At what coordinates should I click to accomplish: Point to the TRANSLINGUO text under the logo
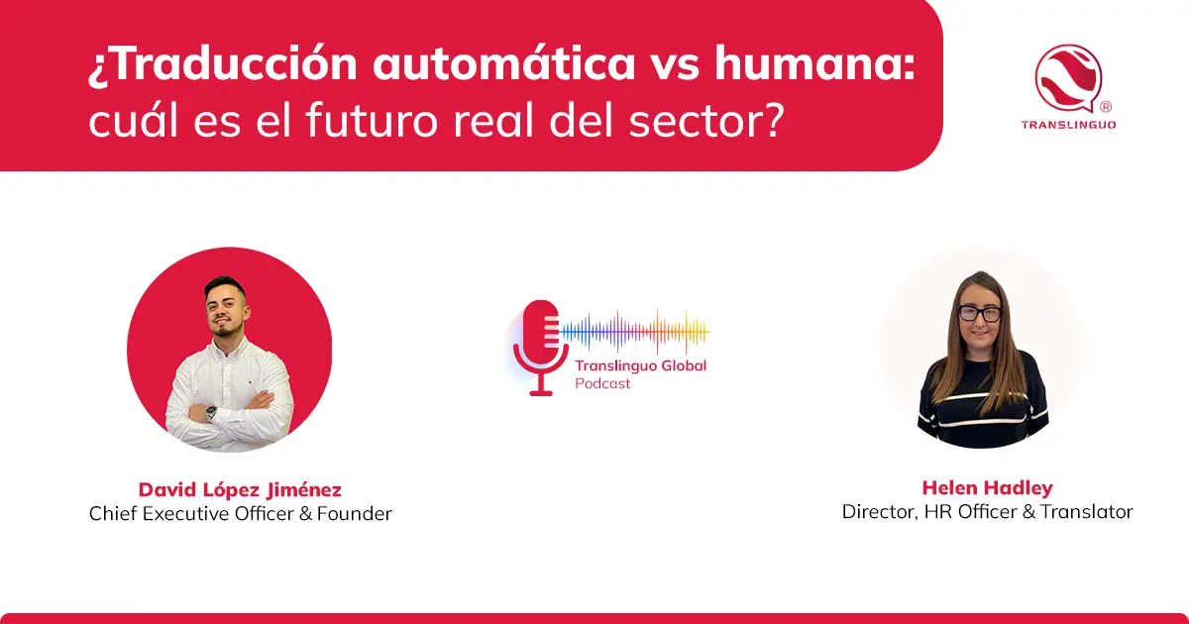pyautogui.click(x=1068, y=125)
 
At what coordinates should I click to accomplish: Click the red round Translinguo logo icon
pyautogui.click(x=1068, y=76)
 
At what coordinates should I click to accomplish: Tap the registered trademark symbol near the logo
pyautogui.click(x=1106, y=106)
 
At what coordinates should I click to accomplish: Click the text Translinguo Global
pyautogui.click(x=641, y=365)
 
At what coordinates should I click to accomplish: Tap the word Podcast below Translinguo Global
pyautogui.click(x=602, y=383)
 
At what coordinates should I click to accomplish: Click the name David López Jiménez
pyautogui.click(x=240, y=490)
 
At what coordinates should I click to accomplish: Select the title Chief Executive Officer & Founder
pyautogui.click(x=240, y=513)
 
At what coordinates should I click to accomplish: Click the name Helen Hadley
pyautogui.click(x=987, y=487)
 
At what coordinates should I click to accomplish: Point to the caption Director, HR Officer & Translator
pyautogui.click(x=987, y=511)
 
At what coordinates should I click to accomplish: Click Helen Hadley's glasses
pyautogui.click(x=979, y=313)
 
